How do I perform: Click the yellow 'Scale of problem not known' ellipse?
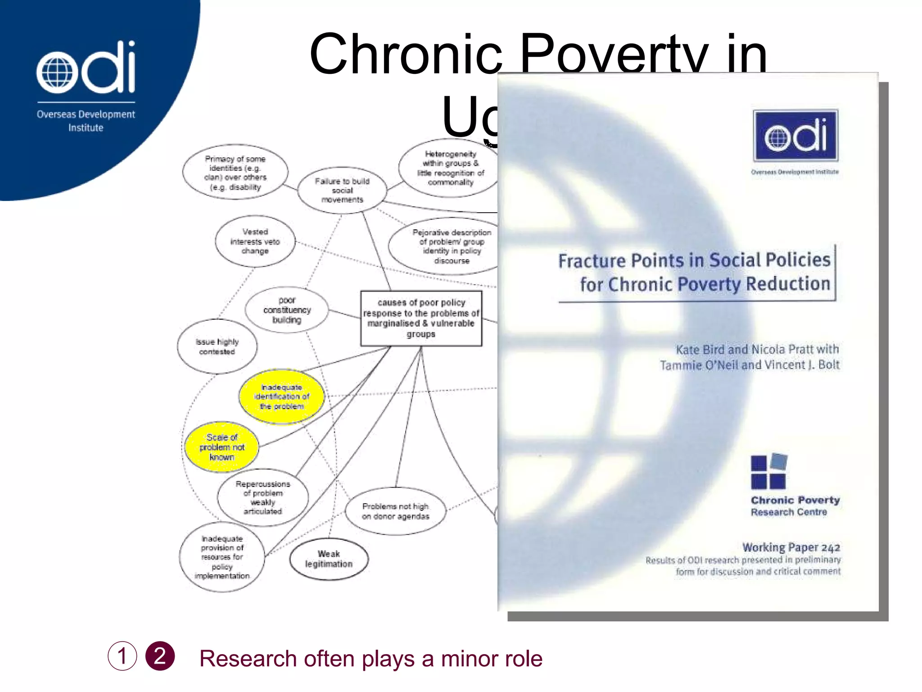[221, 447]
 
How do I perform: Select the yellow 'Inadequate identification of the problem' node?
[281, 397]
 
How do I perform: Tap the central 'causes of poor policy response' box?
[421, 318]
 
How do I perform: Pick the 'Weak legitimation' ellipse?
[329, 559]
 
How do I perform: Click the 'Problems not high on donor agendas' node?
[395, 511]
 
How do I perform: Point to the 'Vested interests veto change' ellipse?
[255, 241]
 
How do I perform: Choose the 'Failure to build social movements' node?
[342, 190]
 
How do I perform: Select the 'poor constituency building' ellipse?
[287, 310]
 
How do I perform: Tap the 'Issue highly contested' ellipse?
[217, 346]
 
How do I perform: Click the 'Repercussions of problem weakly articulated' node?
[263, 497]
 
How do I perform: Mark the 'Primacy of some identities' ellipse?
[235, 173]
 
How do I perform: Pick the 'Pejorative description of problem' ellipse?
[450, 246]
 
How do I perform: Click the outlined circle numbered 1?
[122, 656]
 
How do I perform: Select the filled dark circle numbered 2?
[160, 656]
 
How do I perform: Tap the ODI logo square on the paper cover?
[795, 136]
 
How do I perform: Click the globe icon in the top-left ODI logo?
[54, 73]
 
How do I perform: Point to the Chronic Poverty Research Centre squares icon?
[768, 472]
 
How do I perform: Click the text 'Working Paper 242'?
[791, 547]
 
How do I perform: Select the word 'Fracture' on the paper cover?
[592, 261]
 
